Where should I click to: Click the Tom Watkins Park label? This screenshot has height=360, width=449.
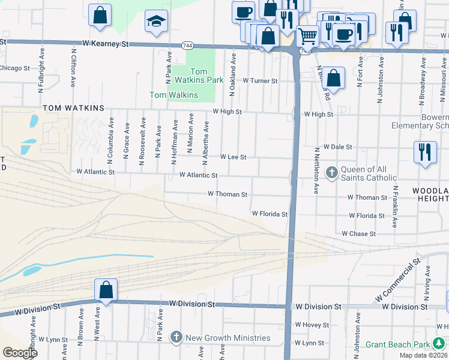pos(203,76)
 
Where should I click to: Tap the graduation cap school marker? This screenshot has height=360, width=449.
pos(155,22)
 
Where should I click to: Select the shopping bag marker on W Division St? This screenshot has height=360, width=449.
pos(106,291)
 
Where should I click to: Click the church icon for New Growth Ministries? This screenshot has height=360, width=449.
pos(176,337)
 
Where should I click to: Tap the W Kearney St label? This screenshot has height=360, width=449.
pos(106,44)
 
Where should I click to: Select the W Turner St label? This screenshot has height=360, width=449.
pos(260,80)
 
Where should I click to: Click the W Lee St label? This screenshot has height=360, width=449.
pos(233,157)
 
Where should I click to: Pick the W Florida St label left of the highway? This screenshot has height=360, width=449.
pos(270,214)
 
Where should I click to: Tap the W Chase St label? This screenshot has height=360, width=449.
pos(358,233)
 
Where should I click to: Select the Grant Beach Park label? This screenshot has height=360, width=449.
pos(398,344)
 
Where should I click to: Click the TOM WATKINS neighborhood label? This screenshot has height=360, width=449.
pos(73,108)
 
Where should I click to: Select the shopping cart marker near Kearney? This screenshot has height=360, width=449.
pos(307,36)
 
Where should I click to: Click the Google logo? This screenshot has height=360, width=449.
pos(20,353)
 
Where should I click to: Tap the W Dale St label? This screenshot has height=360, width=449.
pos(337,146)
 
